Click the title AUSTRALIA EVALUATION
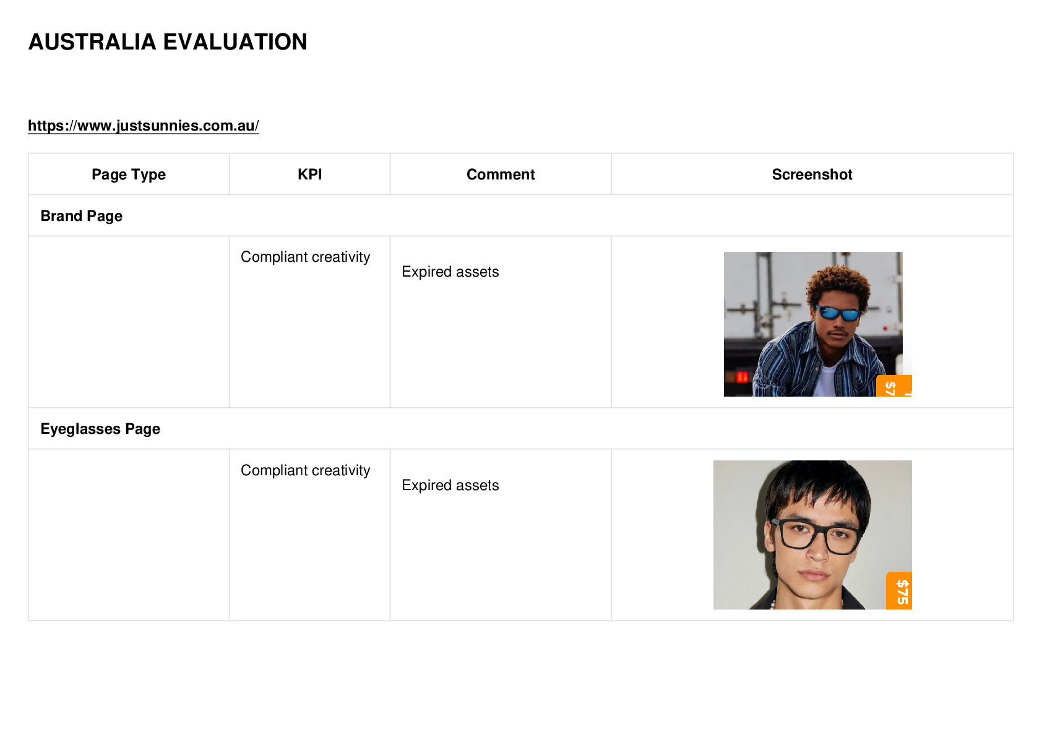[x=168, y=42]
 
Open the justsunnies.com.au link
[x=144, y=126]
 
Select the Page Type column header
[x=128, y=175]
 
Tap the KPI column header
[x=310, y=175]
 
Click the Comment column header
[x=501, y=175]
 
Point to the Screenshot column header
[x=812, y=175]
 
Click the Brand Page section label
[x=82, y=216]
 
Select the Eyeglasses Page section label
[x=100, y=428]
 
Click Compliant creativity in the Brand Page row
[x=305, y=257]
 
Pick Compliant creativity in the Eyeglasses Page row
[x=305, y=470]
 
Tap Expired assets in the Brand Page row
[x=450, y=272]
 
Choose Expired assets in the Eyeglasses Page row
[x=450, y=485]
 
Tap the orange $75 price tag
[x=899, y=591]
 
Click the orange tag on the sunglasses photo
[x=893, y=386]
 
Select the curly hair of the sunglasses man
[x=838, y=284]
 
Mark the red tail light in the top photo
[x=742, y=377]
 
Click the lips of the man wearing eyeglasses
[x=814, y=575]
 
